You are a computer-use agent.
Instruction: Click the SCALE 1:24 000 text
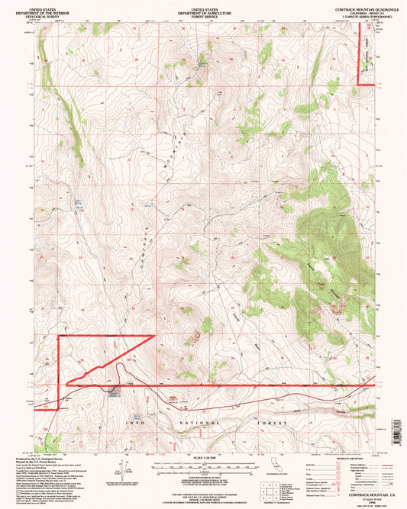202,456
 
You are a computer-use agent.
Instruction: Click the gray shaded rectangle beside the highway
114,392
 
